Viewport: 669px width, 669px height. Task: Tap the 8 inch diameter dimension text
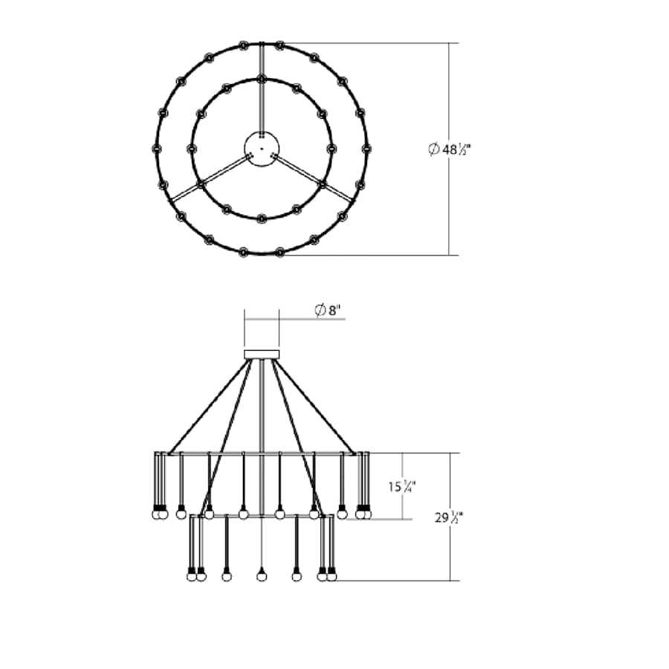coord(328,310)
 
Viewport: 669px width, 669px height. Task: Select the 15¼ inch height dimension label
coord(402,486)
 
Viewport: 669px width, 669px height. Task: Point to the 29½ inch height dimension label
coord(449,517)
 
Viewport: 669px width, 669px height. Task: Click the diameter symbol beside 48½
coord(434,149)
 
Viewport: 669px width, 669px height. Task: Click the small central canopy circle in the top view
coord(262,149)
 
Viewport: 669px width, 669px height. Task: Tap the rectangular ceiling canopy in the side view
coord(262,355)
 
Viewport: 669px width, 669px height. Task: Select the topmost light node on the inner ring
coord(262,79)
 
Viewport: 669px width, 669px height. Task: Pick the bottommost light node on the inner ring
coord(262,219)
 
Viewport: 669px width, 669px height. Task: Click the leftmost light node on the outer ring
coord(157,149)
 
